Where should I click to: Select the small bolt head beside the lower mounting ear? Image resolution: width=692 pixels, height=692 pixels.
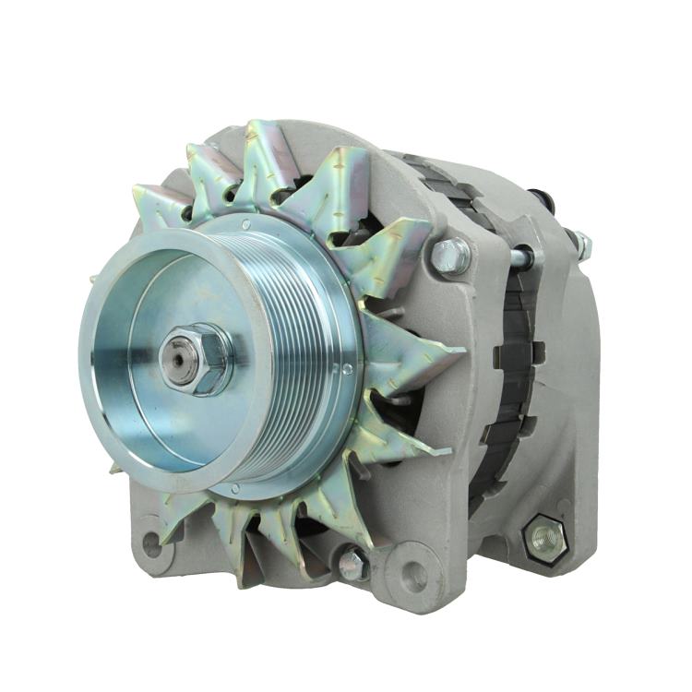(x=352, y=564)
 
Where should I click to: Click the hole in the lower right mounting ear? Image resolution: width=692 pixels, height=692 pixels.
(x=414, y=576)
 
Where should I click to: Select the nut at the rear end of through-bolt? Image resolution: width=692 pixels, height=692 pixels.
(x=581, y=244)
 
